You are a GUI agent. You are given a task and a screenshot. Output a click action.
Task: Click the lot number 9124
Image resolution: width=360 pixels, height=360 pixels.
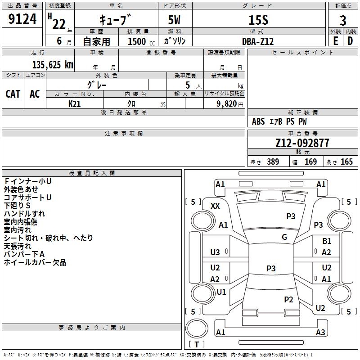point(22,19)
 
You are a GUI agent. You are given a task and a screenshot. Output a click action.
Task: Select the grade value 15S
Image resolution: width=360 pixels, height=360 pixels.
point(258,20)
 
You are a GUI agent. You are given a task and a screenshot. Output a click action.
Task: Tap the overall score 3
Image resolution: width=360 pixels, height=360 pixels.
point(343,20)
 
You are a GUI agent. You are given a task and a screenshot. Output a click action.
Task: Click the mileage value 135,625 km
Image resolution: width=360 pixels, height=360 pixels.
point(53,65)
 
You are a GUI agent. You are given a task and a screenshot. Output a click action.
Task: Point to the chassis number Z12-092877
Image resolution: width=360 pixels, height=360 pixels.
point(302,143)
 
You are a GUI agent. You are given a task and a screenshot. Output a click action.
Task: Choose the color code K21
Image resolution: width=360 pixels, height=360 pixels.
point(74,104)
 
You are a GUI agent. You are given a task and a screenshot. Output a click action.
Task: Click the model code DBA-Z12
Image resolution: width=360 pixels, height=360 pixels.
point(258,41)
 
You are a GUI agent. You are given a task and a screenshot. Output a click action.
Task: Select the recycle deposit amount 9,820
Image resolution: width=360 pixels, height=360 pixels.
point(227,103)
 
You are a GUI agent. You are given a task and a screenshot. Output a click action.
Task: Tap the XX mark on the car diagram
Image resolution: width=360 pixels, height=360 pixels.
point(215,206)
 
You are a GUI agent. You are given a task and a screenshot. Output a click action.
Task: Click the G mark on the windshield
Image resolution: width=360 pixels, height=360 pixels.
point(284,237)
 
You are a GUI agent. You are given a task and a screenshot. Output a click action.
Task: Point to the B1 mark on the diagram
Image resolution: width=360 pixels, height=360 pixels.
point(327,241)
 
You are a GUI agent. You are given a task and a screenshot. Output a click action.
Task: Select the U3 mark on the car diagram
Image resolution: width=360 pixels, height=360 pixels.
point(215,252)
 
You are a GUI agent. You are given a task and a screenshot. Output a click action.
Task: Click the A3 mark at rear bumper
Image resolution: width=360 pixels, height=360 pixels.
point(320,332)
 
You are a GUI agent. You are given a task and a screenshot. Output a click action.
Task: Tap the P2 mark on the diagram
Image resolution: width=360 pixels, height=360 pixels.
point(288,299)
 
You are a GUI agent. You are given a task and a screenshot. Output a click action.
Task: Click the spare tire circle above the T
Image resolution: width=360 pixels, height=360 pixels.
point(197,328)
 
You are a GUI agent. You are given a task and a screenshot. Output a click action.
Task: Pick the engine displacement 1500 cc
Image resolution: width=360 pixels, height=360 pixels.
point(141,41)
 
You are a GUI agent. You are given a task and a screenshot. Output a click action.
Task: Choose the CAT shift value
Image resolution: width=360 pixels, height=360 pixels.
point(13,94)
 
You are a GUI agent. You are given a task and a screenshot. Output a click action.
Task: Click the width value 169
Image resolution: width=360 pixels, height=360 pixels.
point(310,162)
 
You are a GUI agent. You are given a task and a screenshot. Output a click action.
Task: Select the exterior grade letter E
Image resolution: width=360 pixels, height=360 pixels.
point(335,41)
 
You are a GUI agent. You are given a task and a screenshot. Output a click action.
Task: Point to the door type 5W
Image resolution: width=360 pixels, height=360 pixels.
point(174,20)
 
